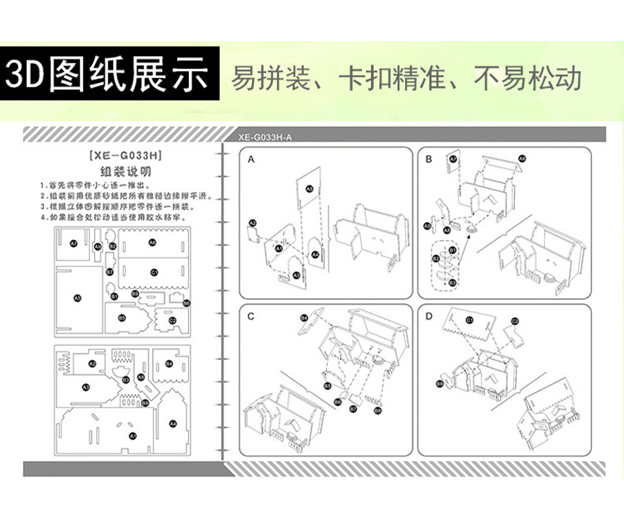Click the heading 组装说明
[126, 171]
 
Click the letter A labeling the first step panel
[251, 159]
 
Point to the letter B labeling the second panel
[428, 159]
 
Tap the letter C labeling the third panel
[250, 317]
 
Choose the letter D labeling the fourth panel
[429, 317]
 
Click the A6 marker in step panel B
[522, 159]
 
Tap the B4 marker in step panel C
[303, 317]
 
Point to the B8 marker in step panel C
[377, 410]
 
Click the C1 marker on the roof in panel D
[468, 320]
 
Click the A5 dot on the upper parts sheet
[77, 298]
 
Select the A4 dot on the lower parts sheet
[173, 424]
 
